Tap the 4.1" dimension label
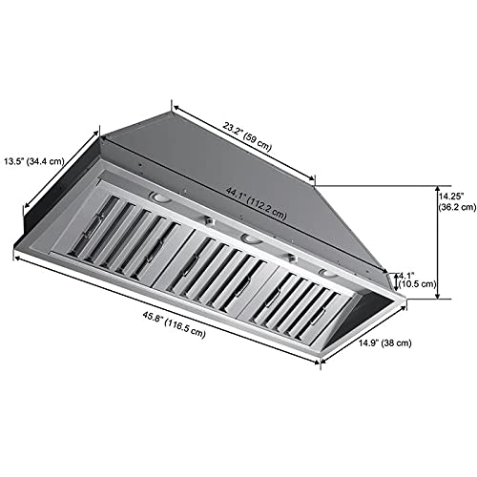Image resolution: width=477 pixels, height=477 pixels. coord(408,272)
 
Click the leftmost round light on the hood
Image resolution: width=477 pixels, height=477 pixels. coord(160,199)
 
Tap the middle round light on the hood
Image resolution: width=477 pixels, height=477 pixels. coord(247,237)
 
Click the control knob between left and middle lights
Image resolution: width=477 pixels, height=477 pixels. coord(203,220)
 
